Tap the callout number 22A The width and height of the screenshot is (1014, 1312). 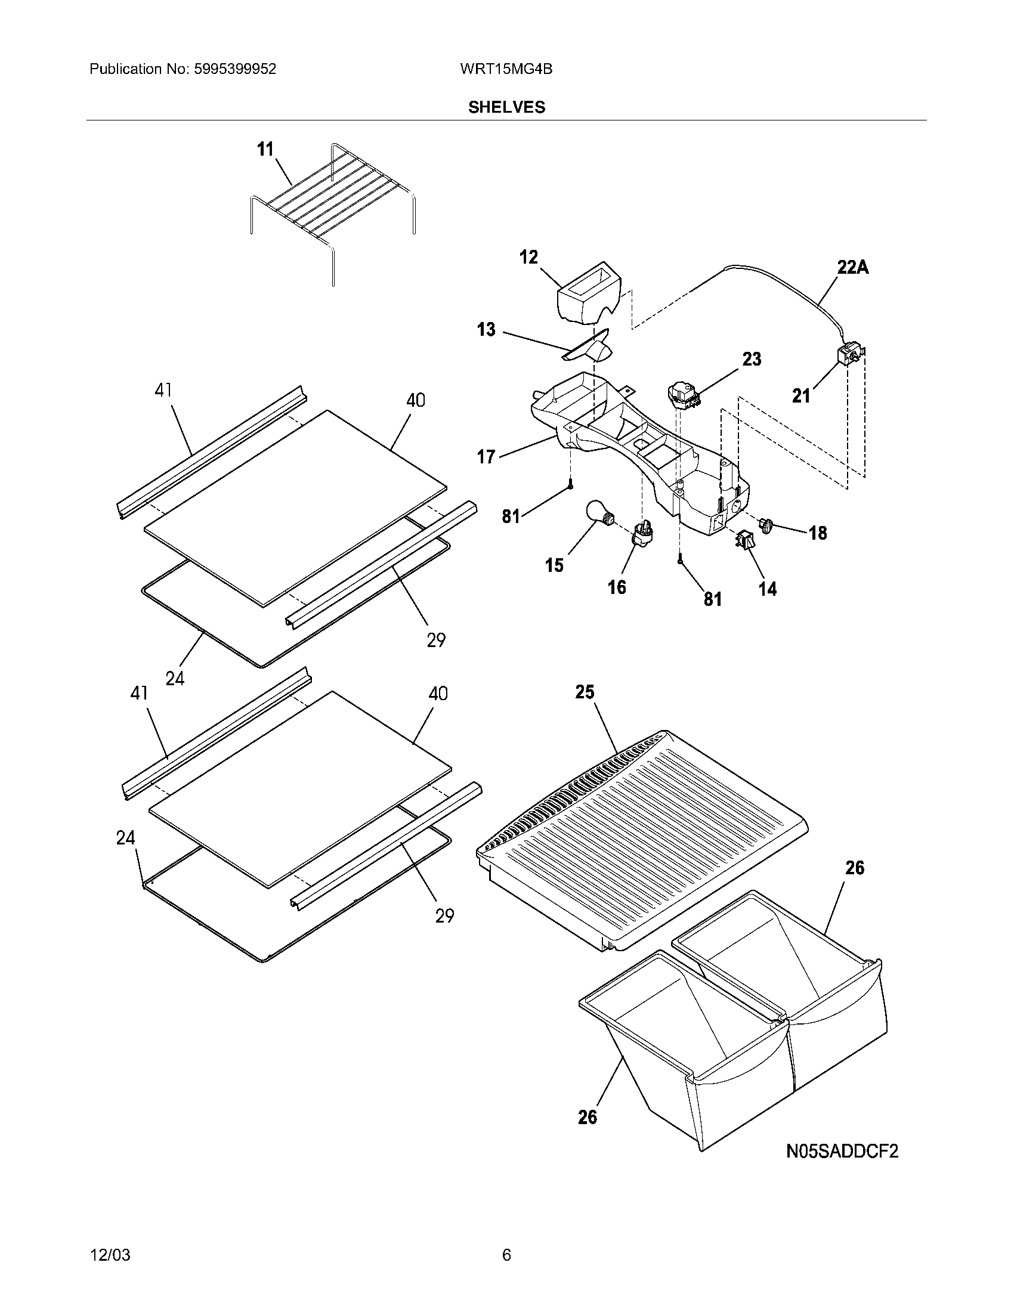tap(853, 267)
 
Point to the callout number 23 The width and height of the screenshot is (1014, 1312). tap(752, 359)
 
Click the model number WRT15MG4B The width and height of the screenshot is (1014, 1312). tap(506, 69)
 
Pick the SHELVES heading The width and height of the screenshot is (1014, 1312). tap(506, 107)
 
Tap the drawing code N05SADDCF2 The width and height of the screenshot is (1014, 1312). tap(842, 1151)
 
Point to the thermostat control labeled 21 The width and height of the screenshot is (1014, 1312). tap(849, 354)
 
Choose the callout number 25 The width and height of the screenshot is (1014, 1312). tap(585, 692)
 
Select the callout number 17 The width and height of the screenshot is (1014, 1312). tap(486, 457)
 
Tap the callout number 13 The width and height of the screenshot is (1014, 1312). tap(486, 329)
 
